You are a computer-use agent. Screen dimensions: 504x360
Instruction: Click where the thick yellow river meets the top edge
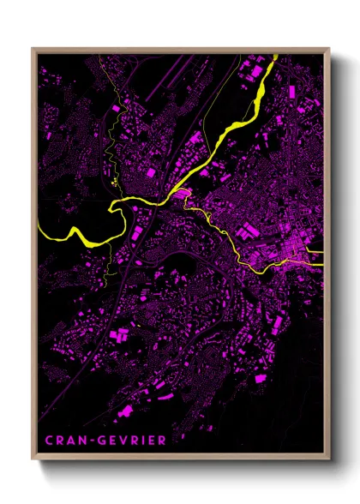(x=276, y=56)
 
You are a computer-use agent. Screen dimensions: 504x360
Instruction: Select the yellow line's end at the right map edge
(x=322, y=265)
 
